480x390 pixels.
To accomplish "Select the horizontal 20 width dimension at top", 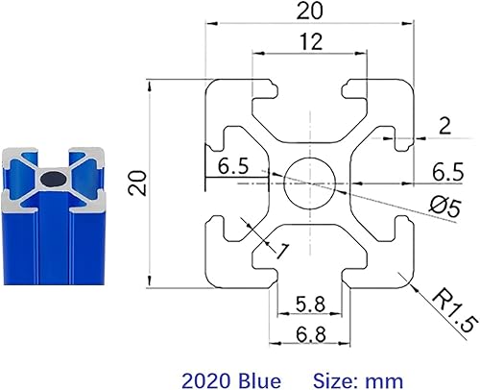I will pos(309,12).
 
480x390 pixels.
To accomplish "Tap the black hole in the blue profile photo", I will pos(54,178).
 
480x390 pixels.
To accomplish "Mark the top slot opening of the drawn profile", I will pos(309,86).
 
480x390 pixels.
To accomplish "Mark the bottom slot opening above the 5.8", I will pos(309,277).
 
